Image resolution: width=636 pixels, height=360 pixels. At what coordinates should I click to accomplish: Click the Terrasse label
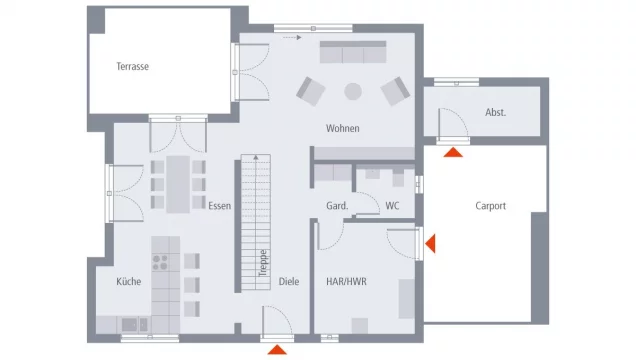(132, 66)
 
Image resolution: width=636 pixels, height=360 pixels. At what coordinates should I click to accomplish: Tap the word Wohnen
(342, 128)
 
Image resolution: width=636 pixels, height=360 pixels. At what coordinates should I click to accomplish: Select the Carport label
(490, 206)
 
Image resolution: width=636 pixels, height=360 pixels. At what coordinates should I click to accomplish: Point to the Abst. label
(495, 112)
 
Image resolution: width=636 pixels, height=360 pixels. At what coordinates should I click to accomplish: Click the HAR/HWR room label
(346, 281)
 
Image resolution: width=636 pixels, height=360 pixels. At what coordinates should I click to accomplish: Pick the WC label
(392, 206)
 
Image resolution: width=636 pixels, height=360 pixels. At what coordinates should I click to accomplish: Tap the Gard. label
(337, 206)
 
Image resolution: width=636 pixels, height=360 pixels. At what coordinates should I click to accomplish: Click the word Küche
(129, 281)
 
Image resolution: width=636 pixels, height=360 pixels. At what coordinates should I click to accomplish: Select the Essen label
(219, 206)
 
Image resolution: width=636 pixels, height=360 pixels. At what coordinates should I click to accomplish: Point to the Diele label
(289, 281)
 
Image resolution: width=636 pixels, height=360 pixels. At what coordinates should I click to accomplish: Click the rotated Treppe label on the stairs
(263, 263)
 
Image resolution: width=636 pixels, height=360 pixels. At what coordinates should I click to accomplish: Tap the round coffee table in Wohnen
(353, 92)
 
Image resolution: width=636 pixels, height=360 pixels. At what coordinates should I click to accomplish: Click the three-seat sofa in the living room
(353, 52)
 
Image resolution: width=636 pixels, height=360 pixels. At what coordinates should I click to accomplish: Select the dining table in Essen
(178, 184)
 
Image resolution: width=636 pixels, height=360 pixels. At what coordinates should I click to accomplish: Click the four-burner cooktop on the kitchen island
(160, 262)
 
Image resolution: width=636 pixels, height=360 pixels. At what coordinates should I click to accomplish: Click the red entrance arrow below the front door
(277, 349)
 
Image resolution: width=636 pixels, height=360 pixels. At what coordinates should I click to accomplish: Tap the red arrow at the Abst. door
(453, 152)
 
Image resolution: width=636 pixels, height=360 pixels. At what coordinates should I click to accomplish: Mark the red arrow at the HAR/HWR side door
(430, 243)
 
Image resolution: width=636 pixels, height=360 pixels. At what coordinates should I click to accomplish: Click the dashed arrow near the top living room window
(292, 37)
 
